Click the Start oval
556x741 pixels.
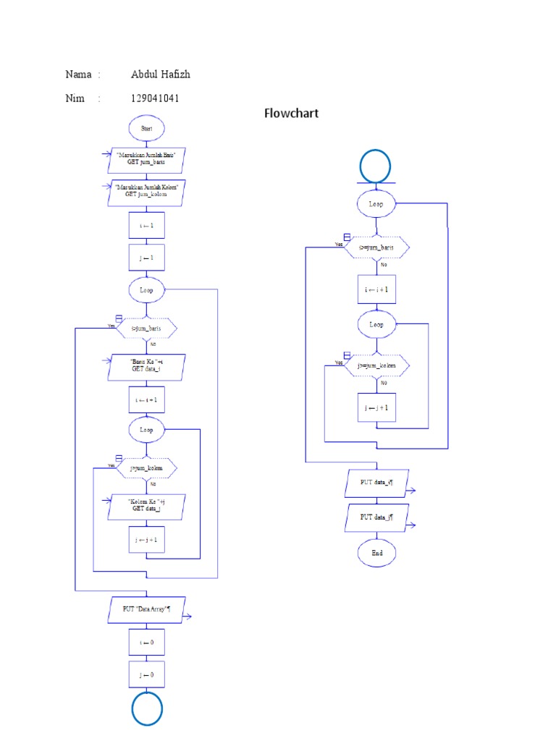click(x=146, y=128)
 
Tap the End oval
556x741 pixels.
click(x=376, y=552)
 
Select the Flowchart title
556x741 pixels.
click(x=291, y=114)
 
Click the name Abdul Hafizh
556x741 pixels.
click(x=161, y=75)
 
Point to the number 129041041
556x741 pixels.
click(x=155, y=98)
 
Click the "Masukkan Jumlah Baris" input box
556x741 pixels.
click(x=146, y=159)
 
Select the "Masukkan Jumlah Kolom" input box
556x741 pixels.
click(x=146, y=190)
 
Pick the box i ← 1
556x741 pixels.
click(x=146, y=226)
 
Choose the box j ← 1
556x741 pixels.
click(x=146, y=257)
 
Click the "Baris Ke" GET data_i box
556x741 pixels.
click(x=146, y=367)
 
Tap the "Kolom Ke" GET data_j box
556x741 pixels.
click(x=146, y=506)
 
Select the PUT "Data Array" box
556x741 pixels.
click(x=146, y=609)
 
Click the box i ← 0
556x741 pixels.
click(x=146, y=643)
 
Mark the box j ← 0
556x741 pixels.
click(x=146, y=674)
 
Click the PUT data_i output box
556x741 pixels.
click(x=376, y=483)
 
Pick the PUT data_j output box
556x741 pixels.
click(x=376, y=518)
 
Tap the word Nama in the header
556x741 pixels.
click(x=78, y=75)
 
